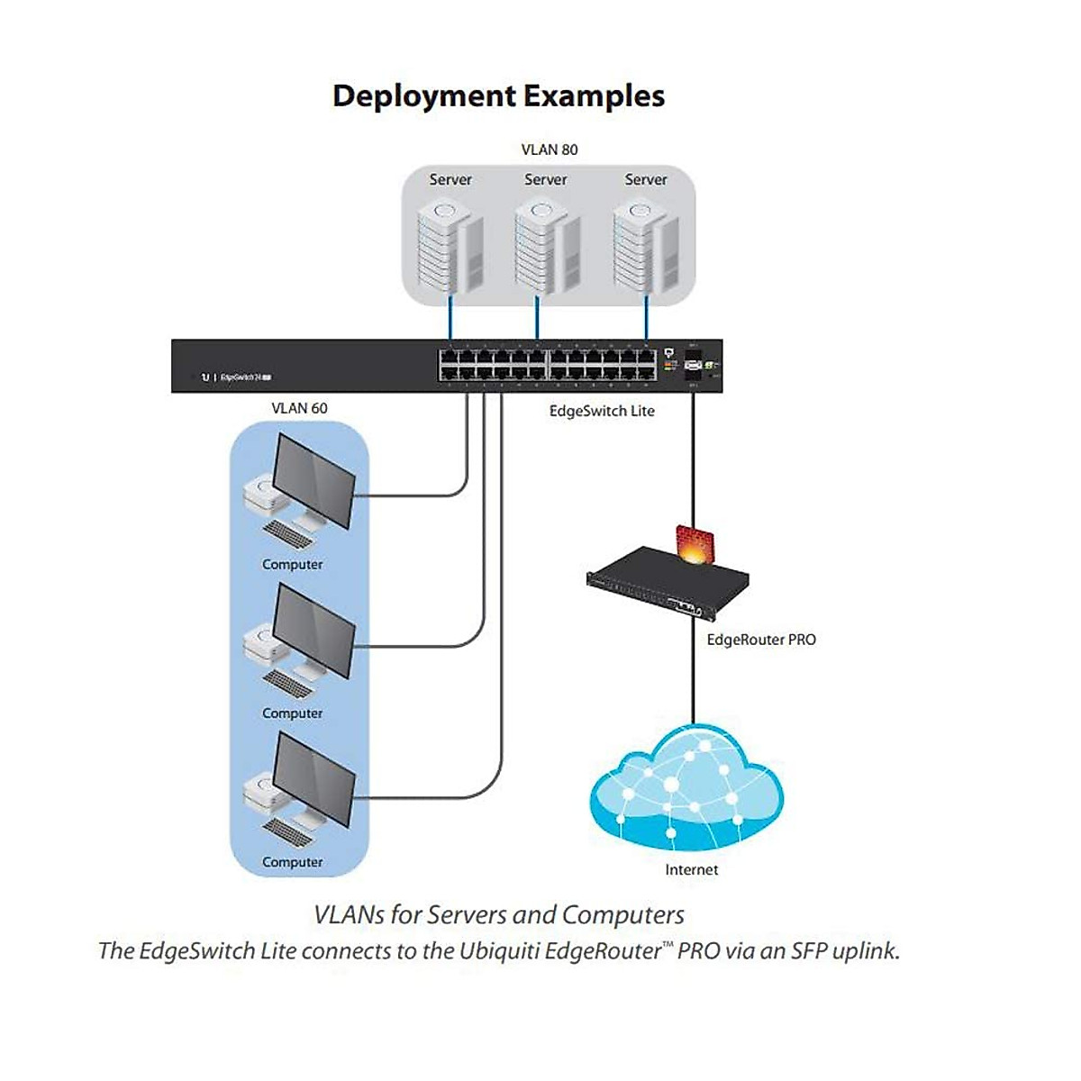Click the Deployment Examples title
(498, 95)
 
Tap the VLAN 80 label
(550, 150)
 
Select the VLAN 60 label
(299, 408)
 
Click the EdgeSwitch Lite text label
(602, 411)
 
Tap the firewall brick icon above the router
(695, 545)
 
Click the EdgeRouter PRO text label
(761, 640)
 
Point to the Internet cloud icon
(686, 793)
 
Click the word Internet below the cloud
(691, 869)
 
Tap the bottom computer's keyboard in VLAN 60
(288, 831)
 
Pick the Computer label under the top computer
(292, 565)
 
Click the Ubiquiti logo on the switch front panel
(205, 377)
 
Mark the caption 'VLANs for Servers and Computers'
(498, 914)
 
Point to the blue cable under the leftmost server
(450, 320)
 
